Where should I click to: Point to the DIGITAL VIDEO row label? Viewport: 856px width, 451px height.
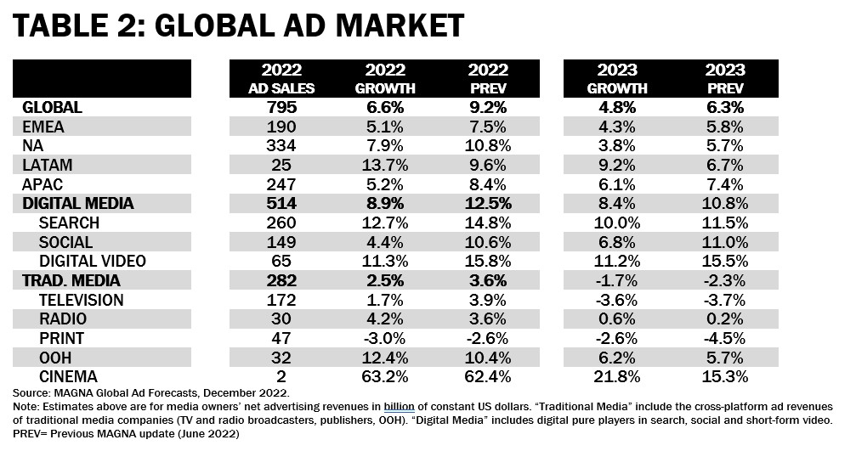pyautogui.click(x=93, y=261)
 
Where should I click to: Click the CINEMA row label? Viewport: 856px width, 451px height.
pyautogui.click(x=70, y=375)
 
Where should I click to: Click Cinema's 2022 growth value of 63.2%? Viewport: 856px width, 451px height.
pyautogui.click(x=385, y=375)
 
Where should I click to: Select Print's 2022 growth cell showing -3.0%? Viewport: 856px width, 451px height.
pyautogui.click(x=385, y=337)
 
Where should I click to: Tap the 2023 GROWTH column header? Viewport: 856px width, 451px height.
pyautogui.click(x=617, y=79)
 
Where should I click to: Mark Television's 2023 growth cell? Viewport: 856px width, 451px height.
pyautogui.click(x=617, y=299)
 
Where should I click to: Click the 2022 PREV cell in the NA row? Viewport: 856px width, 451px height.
pyautogui.click(x=489, y=145)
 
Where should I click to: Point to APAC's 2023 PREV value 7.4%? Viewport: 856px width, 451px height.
pyautogui.click(x=727, y=183)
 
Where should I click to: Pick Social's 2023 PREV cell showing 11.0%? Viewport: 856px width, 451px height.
pyautogui.click(x=727, y=241)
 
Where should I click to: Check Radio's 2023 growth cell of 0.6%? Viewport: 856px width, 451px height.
pyautogui.click(x=617, y=319)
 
